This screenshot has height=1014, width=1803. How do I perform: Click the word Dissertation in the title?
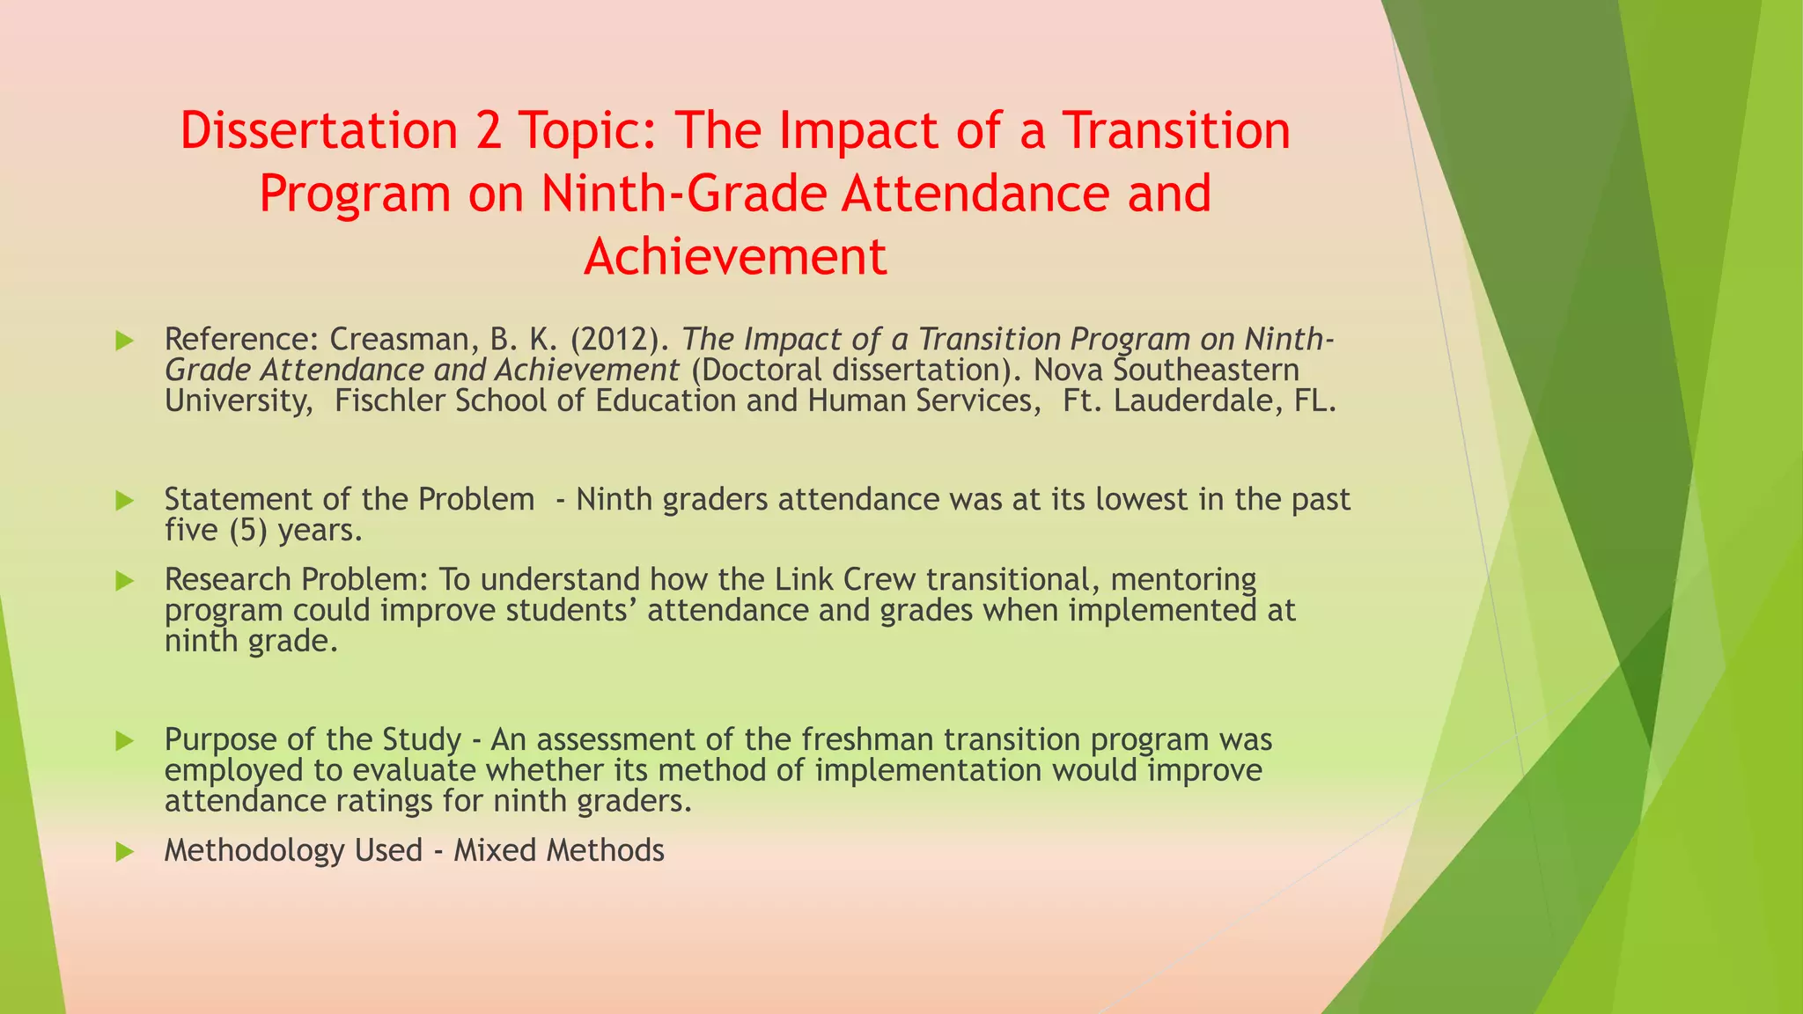319,130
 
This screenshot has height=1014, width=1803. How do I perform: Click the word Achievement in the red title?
735,257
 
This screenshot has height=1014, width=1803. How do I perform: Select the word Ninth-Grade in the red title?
683,194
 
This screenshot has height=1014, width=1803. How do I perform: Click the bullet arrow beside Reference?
124,341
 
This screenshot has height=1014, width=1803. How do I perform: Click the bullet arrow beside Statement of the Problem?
124,501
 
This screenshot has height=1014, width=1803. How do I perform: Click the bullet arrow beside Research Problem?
124,581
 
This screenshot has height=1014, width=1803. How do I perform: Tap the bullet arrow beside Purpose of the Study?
124,741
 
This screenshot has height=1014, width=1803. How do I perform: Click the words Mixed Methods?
558,850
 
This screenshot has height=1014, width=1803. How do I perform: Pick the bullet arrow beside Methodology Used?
124,852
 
